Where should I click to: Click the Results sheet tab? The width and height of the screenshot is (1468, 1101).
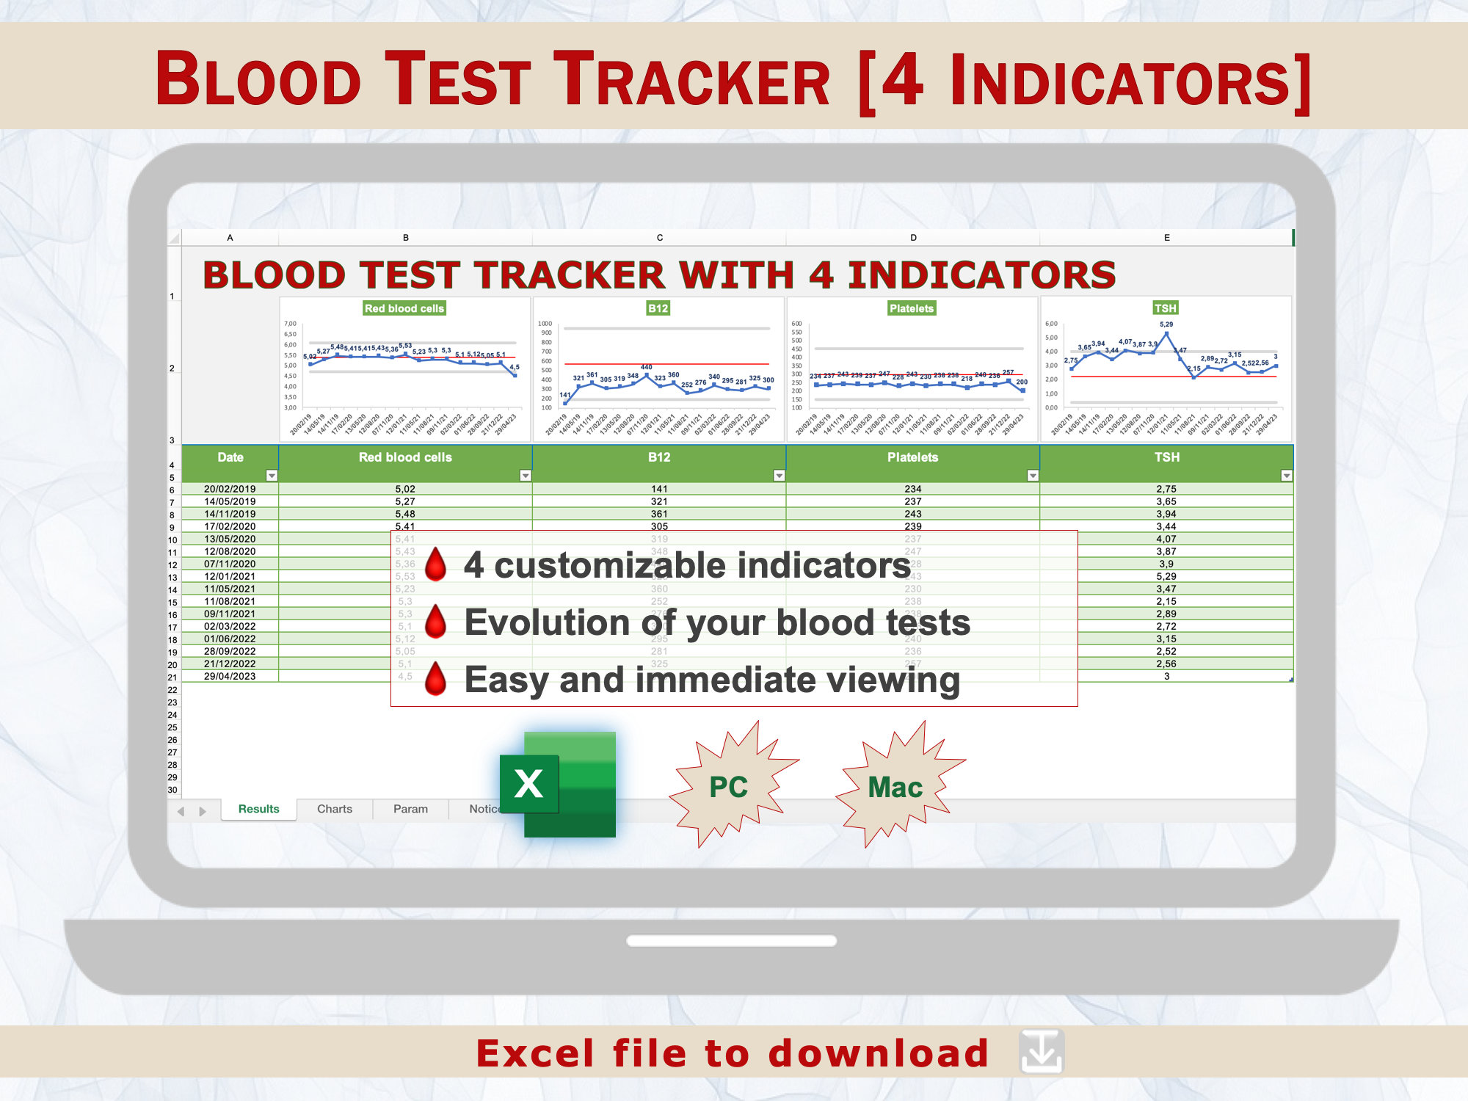point(258,809)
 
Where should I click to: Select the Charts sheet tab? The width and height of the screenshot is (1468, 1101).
point(334,809)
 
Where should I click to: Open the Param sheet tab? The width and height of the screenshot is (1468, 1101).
point(410,809)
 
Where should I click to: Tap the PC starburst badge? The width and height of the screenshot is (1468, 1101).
point(729,787)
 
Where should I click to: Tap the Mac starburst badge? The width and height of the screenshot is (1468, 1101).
point(895,787)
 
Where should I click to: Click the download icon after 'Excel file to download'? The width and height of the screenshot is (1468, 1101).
point(1041,1053)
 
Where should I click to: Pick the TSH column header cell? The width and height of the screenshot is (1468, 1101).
point(1166,457)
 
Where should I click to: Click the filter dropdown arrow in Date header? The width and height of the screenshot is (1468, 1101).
point(272,476)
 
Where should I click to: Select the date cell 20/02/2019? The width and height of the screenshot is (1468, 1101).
point(230,489)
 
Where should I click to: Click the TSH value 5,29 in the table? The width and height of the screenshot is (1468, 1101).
point(1166,576)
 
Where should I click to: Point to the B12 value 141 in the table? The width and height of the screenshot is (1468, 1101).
point(659,489)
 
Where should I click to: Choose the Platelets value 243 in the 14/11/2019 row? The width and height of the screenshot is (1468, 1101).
point(912,514)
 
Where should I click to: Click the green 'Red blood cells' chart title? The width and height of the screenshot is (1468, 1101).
point(404,308)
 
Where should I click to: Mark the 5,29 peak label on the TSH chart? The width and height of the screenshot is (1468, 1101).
point(1166,324)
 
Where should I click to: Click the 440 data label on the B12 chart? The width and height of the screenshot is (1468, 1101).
point(646,367)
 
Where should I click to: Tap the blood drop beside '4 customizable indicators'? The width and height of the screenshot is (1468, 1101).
point(436,564)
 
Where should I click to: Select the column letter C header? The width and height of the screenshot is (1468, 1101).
point(659,238)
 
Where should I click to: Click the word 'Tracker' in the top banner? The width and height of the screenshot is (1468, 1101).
point(691,79)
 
